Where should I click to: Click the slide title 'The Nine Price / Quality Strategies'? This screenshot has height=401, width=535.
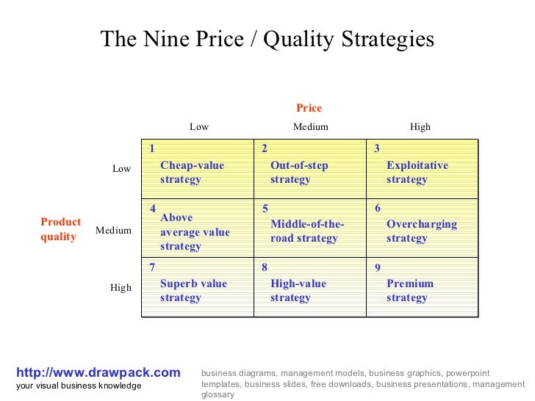pos(267,40)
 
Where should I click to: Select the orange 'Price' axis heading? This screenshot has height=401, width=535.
pos(309,108)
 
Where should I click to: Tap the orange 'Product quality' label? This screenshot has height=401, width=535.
pos(60,229)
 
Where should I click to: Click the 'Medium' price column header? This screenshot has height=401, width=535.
pos(310,126)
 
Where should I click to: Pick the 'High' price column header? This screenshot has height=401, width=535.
pos(420,126)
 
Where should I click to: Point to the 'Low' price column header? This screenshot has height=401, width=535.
pos(199,126)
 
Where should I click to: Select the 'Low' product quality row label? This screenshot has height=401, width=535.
pos(121,168)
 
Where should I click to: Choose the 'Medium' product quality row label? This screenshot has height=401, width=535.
pos(113,230)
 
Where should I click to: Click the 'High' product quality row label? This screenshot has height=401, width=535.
pos(121,287)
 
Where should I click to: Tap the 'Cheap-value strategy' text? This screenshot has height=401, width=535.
pos(192,173)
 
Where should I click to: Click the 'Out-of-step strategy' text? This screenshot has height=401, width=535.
pos(298,173)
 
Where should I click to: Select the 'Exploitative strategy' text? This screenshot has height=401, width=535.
pos(417,173)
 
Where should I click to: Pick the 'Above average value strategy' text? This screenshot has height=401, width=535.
pos(194,232)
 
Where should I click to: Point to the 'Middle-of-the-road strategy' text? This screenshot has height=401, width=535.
pos(306,231)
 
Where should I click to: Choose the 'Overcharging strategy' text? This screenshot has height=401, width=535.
pos(421,231)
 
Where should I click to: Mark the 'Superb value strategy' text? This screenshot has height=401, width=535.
pos(193,291)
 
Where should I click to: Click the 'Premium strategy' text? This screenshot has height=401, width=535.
pos(409,291)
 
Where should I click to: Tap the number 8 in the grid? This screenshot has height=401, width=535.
pos(265,268)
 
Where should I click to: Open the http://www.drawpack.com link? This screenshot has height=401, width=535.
pos(98,372)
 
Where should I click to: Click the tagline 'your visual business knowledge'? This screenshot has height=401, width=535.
pos(78,386)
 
